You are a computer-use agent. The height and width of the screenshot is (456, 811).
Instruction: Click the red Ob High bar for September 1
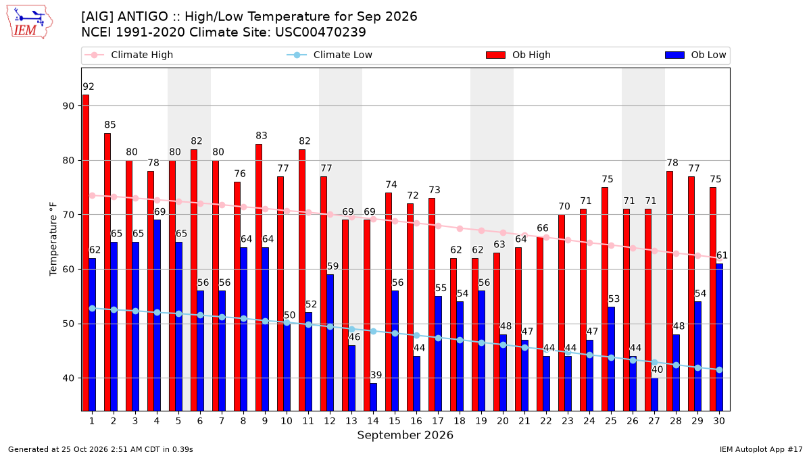tap(86, 253)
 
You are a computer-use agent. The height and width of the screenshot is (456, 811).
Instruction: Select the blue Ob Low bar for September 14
tap(373, 397)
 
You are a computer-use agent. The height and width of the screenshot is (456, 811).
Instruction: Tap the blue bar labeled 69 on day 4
tap(157, 315)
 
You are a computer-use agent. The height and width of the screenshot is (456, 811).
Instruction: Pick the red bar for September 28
tap(670, 291)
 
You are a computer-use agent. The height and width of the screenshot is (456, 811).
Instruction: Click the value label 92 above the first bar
tap(89, 87)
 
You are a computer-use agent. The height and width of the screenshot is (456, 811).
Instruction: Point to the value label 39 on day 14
tap(376, 375)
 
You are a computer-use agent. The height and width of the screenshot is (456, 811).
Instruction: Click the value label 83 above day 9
tap(262, 136)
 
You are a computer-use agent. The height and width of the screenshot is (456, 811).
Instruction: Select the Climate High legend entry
tap(129, 55)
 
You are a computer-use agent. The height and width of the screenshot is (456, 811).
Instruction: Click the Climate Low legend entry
tap(330, 55)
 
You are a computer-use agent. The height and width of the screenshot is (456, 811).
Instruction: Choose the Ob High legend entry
tap(518, 55)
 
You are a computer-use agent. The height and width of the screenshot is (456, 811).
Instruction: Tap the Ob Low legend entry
tap(695, 55)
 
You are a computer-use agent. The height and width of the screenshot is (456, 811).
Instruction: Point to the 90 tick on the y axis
tap(68, 106)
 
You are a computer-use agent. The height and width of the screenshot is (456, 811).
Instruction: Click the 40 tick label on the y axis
tap(68, 378)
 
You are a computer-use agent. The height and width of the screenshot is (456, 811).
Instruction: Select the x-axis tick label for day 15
tap(395, 421)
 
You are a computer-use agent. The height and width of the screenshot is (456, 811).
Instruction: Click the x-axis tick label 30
tap(719, 421)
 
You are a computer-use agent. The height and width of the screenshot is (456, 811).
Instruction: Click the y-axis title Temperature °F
tap(53, 239)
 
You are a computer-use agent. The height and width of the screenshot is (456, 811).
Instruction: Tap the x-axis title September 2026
tap(405, 435)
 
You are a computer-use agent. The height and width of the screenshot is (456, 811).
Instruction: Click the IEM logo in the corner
tap(29, 22)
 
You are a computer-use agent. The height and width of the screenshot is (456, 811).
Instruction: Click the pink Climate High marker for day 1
tap(93, 195)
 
